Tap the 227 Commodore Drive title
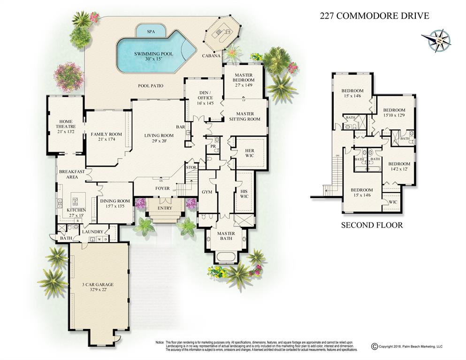pyautogui.click(x=374, y=15)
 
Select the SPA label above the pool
pyautogui.click(x=151, y=31)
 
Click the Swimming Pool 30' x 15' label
pyautogui.click(x=153, y=56)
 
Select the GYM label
pyautogui.click(x=207, y=192)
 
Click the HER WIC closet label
pyautogui.click(x=249, y=153)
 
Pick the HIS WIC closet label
pyautogui.click(x=244, y=193)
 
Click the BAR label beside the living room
pyautogui.click(x=180, y=127)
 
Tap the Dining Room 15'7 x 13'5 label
pyautogui.click(x=115, y=204)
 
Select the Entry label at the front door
pyautogui.click(x=165, y=208)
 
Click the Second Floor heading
pyautogui.click(x=372, y=225)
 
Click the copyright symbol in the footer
pyautogui.click(x=374, y=347)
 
